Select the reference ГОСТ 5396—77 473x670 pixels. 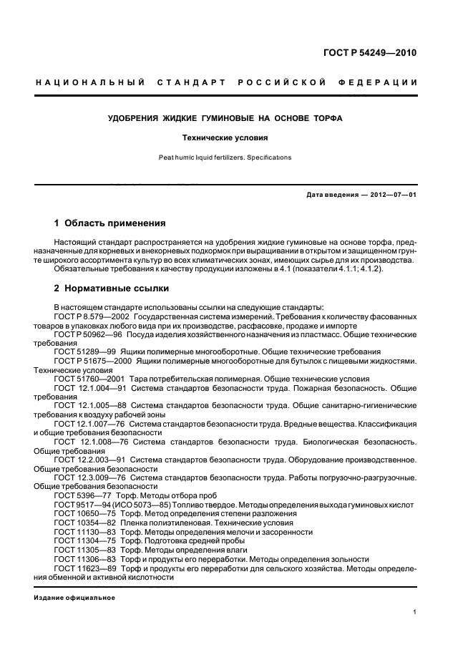(77, 495)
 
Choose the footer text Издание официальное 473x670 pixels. (74, 598)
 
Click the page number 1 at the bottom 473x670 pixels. (415, 612)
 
